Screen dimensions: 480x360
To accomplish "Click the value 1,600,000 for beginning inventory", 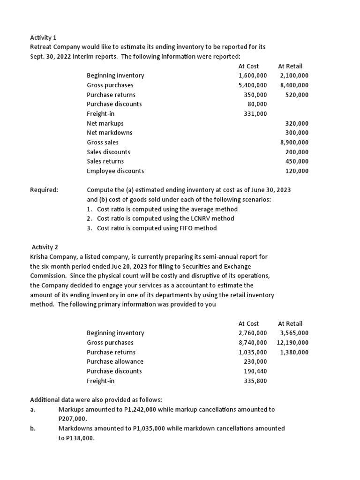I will [253, 75].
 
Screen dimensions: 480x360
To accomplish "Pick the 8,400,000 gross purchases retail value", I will [294, 85].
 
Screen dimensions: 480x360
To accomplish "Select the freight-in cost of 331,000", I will [255, 114].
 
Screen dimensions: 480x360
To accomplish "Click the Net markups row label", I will [105, 123].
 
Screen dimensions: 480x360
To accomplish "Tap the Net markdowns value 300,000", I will [297, 133].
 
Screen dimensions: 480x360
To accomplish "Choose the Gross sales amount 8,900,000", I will [294, 142].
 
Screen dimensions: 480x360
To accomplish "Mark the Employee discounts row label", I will [115, 171].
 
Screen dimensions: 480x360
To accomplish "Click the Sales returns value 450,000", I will [297, 161].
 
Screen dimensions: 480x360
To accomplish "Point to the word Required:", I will [44, 190].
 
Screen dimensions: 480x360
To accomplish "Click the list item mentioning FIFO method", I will [157, 228].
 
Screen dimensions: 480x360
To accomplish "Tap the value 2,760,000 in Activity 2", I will [253, 333].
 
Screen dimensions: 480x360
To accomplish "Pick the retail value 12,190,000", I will [292, 343].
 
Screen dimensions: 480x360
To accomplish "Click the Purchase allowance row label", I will [115, 361].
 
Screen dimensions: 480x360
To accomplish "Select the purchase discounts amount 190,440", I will [255, 371].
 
